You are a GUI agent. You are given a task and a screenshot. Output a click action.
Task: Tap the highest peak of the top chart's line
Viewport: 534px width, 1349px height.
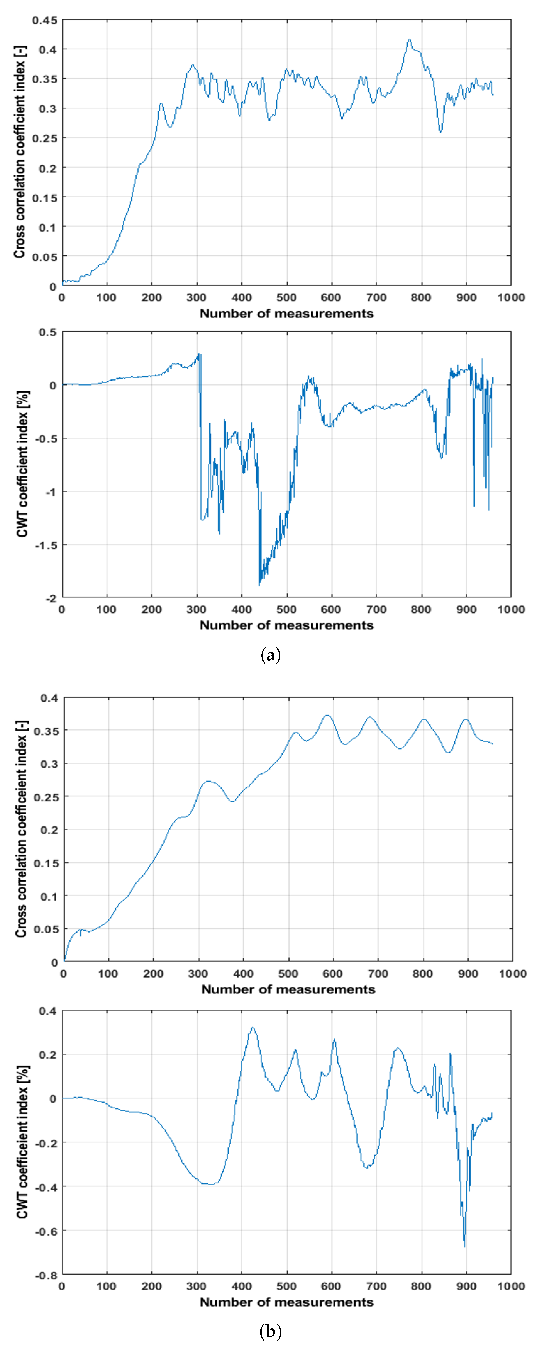[x=409, y=40]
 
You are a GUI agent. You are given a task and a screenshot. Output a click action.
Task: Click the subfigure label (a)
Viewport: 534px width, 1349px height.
[x=270, y=655]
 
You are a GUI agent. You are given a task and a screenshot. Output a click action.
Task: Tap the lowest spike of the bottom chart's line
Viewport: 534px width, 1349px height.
[x=464, y=1247]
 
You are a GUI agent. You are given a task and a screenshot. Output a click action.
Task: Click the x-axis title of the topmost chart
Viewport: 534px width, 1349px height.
[x=286, y=314]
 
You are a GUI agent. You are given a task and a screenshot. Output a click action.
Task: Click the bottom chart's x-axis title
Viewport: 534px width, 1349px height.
[x=286, y=1302]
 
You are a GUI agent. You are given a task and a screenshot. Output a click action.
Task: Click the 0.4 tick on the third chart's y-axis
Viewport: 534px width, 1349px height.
[x=49, y=698]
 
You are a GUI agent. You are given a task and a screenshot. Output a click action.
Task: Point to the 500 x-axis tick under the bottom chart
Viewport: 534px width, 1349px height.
[x=286, y=1286]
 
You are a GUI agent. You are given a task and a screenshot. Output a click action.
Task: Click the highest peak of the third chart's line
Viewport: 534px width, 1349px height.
[x=327, y=715]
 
